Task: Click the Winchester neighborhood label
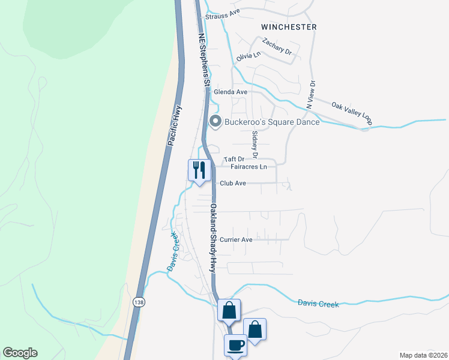point(289,27)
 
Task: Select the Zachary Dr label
point(277,47)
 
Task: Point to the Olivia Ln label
point(249,55)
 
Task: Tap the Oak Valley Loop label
point(352,113)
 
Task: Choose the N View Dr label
point(311,95)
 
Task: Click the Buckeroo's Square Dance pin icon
point(215,122)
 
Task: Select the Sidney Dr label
point(255,145)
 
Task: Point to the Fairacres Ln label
point(249,167)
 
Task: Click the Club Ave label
point(233,183)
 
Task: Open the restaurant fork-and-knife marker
point(199,170)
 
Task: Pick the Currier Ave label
point(236,239)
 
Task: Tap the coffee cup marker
point(235,345)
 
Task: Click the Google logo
point(20,353)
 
